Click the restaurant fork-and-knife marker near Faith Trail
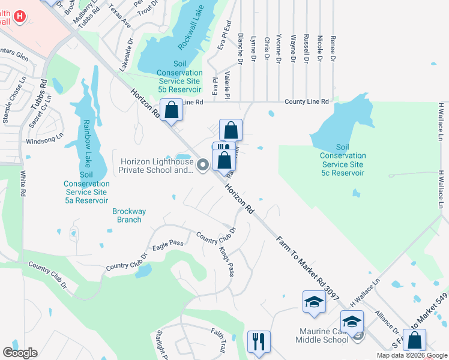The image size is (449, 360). point(259,341)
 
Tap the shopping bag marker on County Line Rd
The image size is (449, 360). point(172,110)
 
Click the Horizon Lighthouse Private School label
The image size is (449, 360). point(157,166)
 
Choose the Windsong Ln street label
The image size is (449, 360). point(44,140)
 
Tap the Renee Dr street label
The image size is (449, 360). point(333,50)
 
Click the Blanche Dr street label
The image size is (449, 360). point(240,48)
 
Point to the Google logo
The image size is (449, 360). point(20,353)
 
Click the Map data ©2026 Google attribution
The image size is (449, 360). point(412,355)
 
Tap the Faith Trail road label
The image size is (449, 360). point(218,340)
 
